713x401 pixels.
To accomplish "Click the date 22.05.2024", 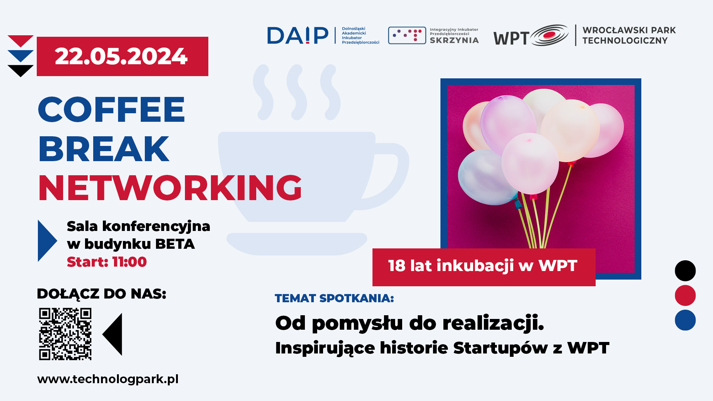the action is (x=121, y=56).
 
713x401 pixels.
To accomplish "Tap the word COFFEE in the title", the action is (x=111, y=109).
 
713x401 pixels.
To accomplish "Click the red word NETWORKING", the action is (x=170, y=188).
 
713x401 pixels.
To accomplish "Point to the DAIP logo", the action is (x=298, y=35).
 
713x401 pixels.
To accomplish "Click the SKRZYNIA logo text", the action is (x=454, y=40).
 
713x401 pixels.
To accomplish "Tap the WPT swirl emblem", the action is (x=549, y=35).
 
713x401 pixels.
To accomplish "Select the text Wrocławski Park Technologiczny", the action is (x=629, y=35).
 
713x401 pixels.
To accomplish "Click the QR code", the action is (x=65, y=334).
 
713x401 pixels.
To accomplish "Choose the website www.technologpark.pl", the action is (x=108, y=379).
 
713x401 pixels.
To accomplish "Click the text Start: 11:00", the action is (x=107, y=262).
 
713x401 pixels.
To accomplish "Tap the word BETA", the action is (x=175, y=244).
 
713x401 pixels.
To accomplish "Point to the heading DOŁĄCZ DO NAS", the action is (x=101, y=293).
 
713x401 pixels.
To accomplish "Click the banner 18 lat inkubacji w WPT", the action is (x=484, y=267).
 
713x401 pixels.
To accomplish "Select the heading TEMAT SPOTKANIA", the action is (x=334, y=298).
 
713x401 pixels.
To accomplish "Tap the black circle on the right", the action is (x=685, y=271).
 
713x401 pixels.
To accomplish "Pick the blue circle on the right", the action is (x=685, y=320).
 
